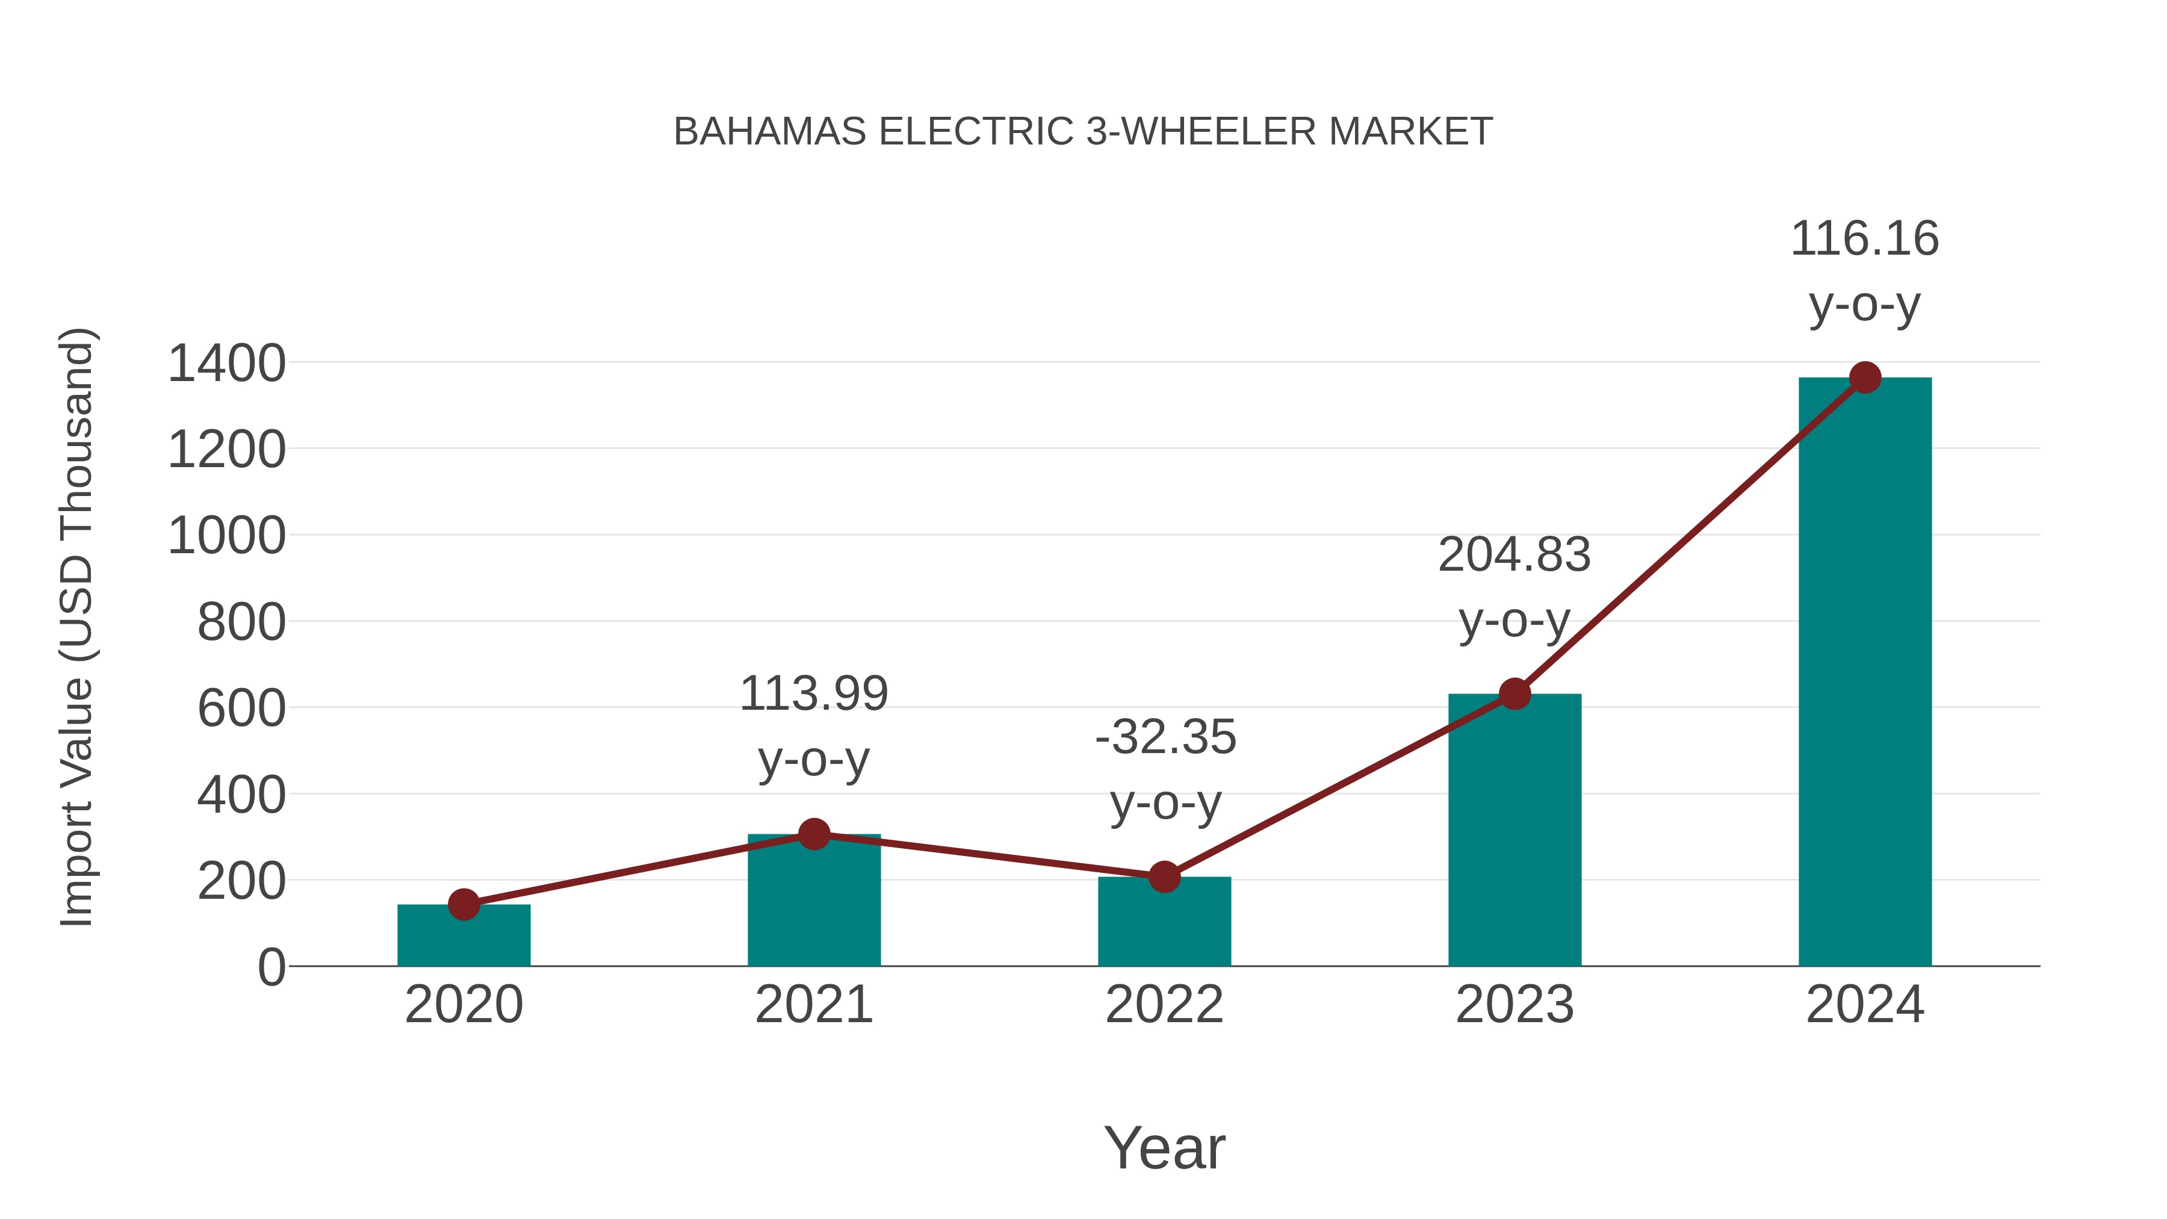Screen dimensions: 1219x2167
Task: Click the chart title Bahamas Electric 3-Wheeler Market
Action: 1083,132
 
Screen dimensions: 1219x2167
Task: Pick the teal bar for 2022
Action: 1164,925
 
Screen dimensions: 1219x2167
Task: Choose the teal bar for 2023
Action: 1514,833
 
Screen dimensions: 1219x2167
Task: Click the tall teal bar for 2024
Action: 1864,673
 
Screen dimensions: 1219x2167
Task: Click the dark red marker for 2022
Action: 1164,876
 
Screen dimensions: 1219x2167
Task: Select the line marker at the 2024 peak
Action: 1865,377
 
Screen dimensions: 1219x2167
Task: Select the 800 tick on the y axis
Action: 241,624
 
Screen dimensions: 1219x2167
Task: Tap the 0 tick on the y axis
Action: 271,967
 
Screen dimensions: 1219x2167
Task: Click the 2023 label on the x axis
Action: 1514,1005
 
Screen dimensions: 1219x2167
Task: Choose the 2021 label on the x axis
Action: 813,1005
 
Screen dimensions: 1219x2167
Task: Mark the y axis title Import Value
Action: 76,627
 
